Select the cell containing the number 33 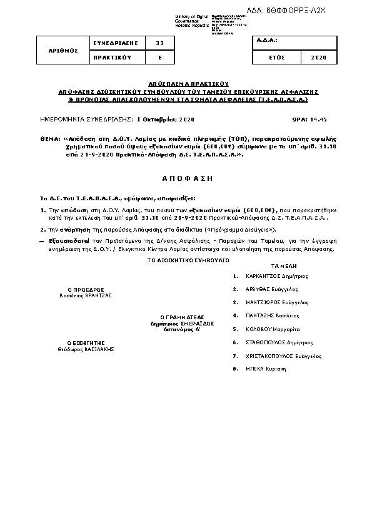pyautogui.click(x=159, y=43)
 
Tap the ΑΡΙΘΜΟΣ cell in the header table pyautogui.click(x=64, y=50)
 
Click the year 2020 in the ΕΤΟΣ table pyautogui.click(x=318, y=58)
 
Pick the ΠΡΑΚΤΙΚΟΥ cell pyautogui.click(x=114, y=58)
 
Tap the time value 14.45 pyautogui.click(x=318, y=118)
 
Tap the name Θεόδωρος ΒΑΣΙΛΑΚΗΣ pyautogui.click(x=85, y=349)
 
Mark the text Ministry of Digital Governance pyautogui.click(x=188, y=19)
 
